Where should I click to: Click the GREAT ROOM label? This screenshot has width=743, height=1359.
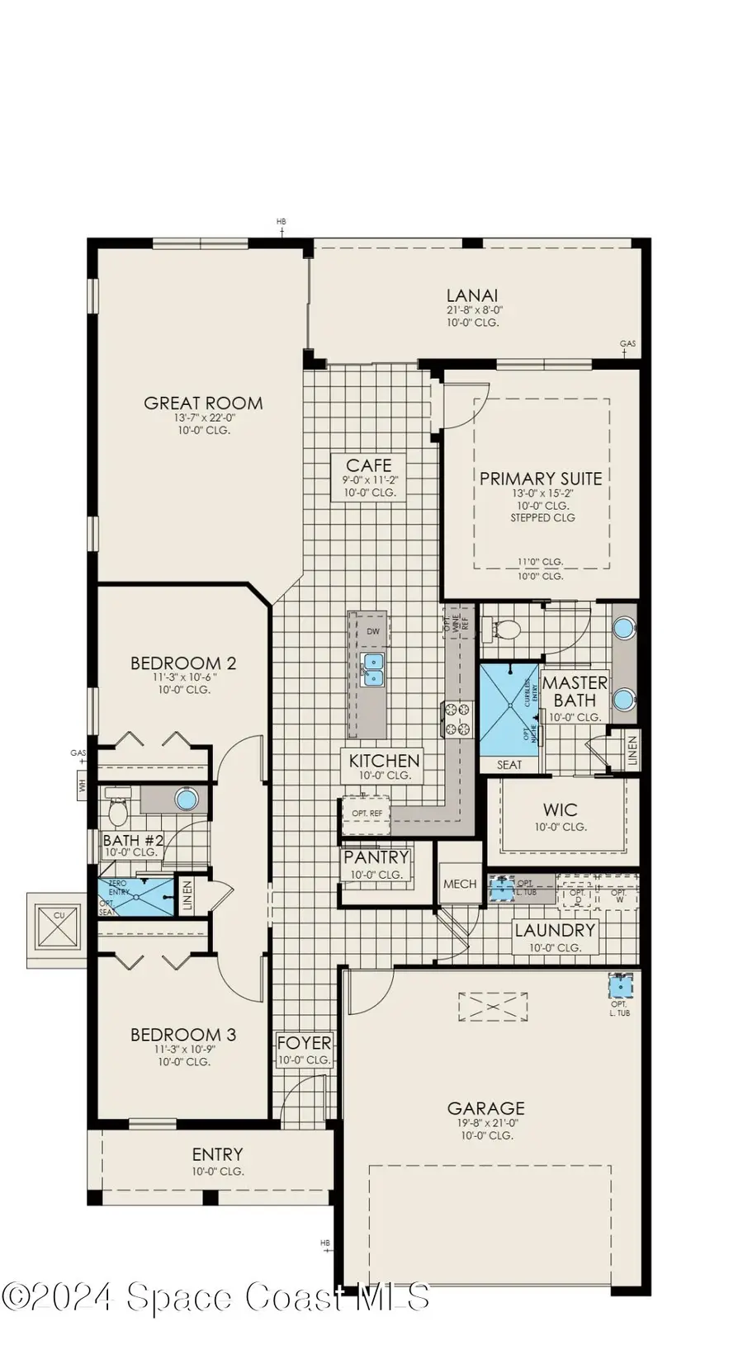tap(203, 403)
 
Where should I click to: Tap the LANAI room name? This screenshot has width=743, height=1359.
tap(472, 295)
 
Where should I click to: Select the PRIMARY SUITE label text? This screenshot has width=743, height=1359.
tap(541, 479)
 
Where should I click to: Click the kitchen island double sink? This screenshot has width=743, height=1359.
tap(372, 669)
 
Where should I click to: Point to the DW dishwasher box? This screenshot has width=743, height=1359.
tap(373, 631)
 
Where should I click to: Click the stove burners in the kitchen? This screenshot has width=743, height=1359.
tap(457, 718)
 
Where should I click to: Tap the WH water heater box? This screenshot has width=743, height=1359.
tap(82, 786)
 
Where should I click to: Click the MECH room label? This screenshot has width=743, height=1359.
tap(460, 884)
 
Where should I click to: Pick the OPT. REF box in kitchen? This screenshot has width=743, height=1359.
tap(367, 814)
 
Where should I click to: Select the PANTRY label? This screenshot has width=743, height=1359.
tap(376, 858)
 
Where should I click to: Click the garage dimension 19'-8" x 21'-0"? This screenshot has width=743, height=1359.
tap(486, 1122)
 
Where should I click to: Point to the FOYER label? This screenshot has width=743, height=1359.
tap(304, 1044)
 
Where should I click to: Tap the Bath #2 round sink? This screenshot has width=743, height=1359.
tap(187, 799)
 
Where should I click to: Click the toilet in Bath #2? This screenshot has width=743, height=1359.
tap(118, 812)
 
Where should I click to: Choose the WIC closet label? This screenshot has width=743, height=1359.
tap(560, 810)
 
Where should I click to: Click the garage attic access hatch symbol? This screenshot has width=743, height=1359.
tap(493, 1007)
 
